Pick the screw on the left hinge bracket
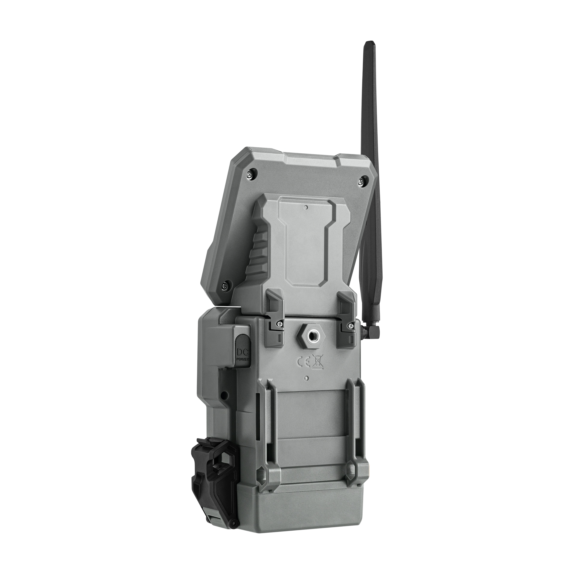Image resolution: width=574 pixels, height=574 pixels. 280,323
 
